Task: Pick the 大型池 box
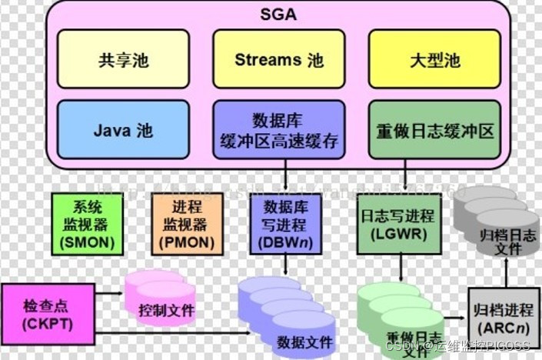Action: point(435,59)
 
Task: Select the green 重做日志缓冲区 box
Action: point(435,130)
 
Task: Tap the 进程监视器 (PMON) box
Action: point(188,224)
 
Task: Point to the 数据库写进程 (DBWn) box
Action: point(284,224)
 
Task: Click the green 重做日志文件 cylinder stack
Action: point(403,319)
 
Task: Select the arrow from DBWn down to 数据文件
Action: point(284,266)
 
